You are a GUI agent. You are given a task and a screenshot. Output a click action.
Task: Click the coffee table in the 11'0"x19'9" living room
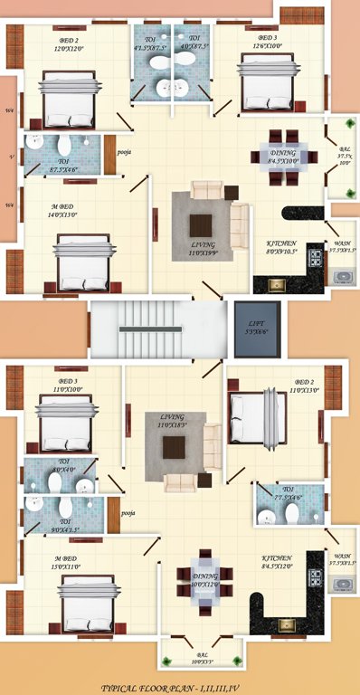[x=201, y=225]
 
